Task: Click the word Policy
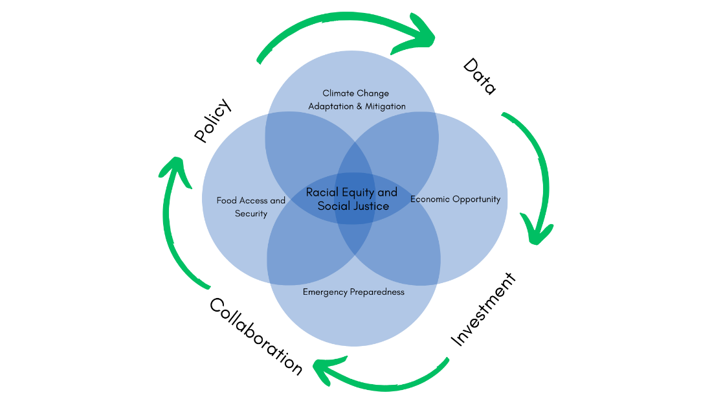212,120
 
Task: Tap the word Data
480,76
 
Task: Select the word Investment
484,309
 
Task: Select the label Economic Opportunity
455,199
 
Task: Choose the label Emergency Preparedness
353,292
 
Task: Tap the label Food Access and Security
251,207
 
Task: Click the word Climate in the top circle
337,93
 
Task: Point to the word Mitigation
384,106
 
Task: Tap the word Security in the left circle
251,214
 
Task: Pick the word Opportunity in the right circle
476,199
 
